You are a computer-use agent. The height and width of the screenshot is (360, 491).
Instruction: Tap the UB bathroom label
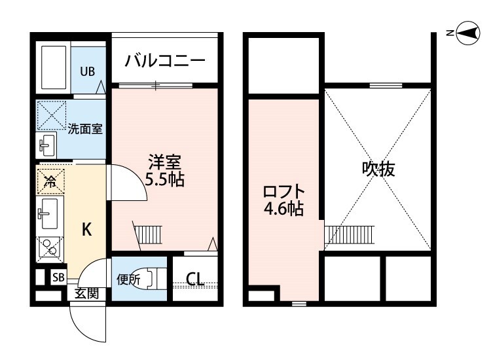[x=88, y=72]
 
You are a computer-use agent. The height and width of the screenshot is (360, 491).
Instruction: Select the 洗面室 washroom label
[x=85, y=128]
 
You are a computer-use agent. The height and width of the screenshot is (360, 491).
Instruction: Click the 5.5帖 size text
[x=164, y=179]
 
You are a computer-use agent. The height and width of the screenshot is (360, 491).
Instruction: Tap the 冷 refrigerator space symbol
[x=50, y=181]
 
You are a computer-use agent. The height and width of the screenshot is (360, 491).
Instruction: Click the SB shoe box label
[x=58, y=278]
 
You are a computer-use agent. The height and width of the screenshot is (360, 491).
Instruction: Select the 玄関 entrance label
[x=86, y=293]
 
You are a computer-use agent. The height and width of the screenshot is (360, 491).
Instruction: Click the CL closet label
[x=194, y=279]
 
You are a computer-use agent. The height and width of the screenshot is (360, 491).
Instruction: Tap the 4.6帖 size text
[x=283, y=211]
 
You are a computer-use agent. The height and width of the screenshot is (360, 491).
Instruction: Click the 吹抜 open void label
[x=378, y=169]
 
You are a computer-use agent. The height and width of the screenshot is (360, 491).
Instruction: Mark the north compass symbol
[x=468, y=33]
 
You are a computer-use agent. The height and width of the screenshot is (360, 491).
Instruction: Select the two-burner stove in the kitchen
[x=48, y=246]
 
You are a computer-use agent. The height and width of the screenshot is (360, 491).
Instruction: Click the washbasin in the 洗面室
[x=47, y=145]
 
